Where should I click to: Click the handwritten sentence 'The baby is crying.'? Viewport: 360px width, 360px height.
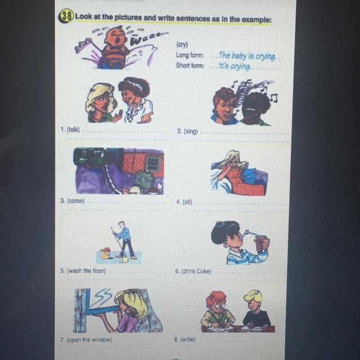pyautogui.click(x=247, y=56)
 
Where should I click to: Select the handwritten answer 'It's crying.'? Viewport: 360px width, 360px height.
pyautogui.click(x=235, y=66)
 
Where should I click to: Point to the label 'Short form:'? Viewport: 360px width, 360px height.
pyautogui.click(x=190, y=65)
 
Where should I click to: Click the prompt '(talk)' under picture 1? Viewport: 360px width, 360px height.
pyautogui.click(x=73, y=130)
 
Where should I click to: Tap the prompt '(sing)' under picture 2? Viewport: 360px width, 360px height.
pyautogui.click(x=191, y=132)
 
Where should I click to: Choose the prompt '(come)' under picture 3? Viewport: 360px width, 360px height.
pyautogui.click(x=76, y=201)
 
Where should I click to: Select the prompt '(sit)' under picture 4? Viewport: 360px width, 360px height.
pyautogui.click(x=187, y=202)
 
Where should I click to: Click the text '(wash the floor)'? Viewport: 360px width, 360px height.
pyautogui.click(x=86, y=271)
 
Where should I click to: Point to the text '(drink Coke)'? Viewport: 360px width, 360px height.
pyautogui.click(x=196, y=271)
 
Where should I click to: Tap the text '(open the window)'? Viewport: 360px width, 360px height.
pyautogui.click(x=89, y=340)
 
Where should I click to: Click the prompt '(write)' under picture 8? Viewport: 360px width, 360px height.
pyautogui.click(x=188, y=339)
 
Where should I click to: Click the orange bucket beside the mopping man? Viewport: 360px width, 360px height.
pyautogui.click(x=106, y=253)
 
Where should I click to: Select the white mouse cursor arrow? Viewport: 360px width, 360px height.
pyautogui.click(x=160, y=188)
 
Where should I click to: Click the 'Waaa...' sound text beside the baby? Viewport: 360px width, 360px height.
pyautogui.click(x=148, y=38)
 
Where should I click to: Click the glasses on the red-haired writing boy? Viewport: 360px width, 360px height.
pyautogui.click(x=219, y=306)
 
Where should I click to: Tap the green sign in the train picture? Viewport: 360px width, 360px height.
pyautogui.click(x=144, y=179)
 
